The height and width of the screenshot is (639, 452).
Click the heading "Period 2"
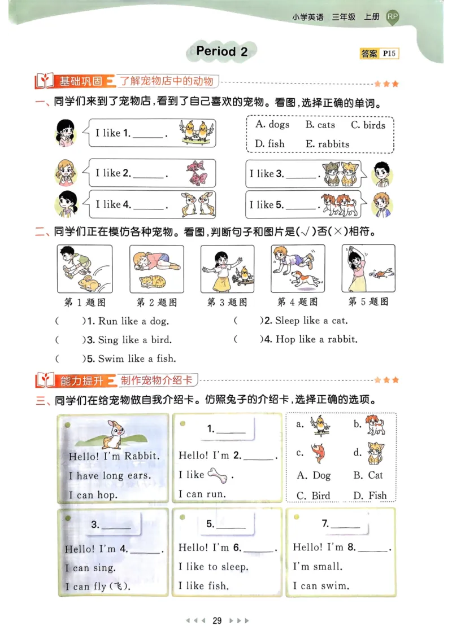(x=222, y=51)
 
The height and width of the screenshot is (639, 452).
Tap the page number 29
(x=217, y=621)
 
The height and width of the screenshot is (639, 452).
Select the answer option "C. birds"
(x=368, y=125)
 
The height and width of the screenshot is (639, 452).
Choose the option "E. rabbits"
(x=328, y=144)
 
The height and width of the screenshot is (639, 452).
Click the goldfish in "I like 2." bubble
(x=196, y=173)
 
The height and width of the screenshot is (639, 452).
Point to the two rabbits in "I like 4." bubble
(x=197, y=204)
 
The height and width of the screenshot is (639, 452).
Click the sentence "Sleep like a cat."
(x=311, y=321)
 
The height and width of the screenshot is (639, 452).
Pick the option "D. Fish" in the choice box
(x=370, y=496)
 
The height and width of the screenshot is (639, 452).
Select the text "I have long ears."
(x=110, y=475)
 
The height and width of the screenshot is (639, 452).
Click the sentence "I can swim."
(x=321, y=585)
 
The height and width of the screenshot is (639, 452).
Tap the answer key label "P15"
(x=389, y=54)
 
